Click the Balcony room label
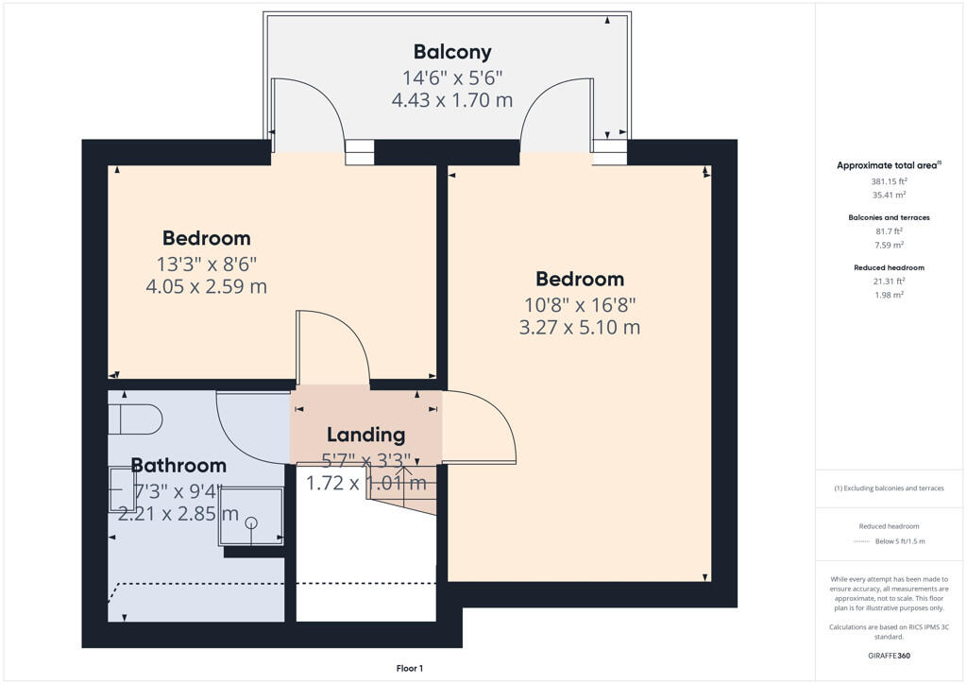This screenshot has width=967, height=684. [452, 52]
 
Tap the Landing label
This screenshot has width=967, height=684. [365, 435]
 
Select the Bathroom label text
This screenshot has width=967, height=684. [178, 465]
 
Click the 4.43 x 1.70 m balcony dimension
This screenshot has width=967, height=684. [452, 100]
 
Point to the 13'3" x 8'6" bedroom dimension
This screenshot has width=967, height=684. [207, 264]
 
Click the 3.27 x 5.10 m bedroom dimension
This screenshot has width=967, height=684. [580, 328]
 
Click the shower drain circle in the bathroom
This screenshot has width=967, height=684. [251, 522]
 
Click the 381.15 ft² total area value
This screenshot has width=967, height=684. [888, 180]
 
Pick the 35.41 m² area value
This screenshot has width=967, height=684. [888, 195]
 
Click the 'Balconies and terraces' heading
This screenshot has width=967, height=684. [889, 217]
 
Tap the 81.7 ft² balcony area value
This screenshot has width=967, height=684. [888, 231]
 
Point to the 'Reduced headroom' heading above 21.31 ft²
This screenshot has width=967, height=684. [889, 267]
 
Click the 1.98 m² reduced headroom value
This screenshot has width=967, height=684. [888, 295]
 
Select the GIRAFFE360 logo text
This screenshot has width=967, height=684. [889, 655]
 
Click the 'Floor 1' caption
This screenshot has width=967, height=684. [409, 669]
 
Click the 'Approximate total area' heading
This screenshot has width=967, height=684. [887, 165]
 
